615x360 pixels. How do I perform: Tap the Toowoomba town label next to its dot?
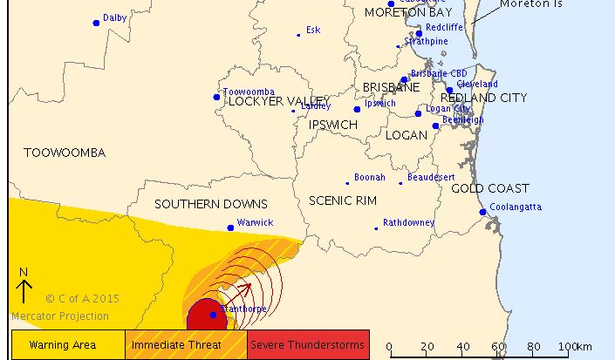tap(249, 92)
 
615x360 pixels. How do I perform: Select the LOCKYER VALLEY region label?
tap(277, 101)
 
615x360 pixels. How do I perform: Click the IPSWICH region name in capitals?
tap(333, 125)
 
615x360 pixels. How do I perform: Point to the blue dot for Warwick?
tap(230, 228)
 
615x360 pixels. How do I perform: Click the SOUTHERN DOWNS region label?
tap(198, 204)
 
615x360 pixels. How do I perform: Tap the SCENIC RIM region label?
tap(343, 200)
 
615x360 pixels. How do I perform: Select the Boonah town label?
tap(369, 178)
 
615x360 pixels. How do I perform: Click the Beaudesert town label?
tap(431, 177)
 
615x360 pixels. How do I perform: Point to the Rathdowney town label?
tap(408, 222)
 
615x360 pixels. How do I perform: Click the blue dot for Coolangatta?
tap(482, 212)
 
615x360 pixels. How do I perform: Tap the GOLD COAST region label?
tap(490, 188)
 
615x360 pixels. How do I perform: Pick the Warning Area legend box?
tap(68, 344)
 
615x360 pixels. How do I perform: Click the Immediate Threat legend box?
tap(187, 344)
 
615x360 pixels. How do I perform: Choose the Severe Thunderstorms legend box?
tap(309, 344)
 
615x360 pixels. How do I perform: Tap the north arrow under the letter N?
tap(24, 290)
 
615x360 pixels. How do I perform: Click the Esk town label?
tap(312, 30)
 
